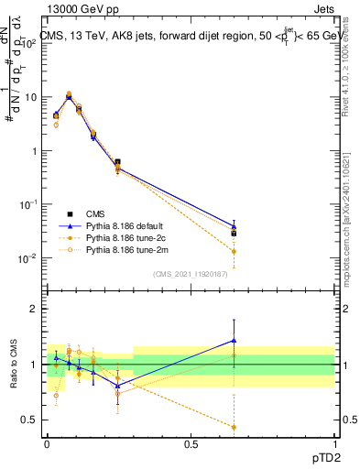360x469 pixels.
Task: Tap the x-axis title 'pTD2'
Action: click(x=320, y=455)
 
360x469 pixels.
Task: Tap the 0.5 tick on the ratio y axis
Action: click(x=30, y=420)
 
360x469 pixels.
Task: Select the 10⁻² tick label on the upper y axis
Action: click(x=27, y=258)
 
